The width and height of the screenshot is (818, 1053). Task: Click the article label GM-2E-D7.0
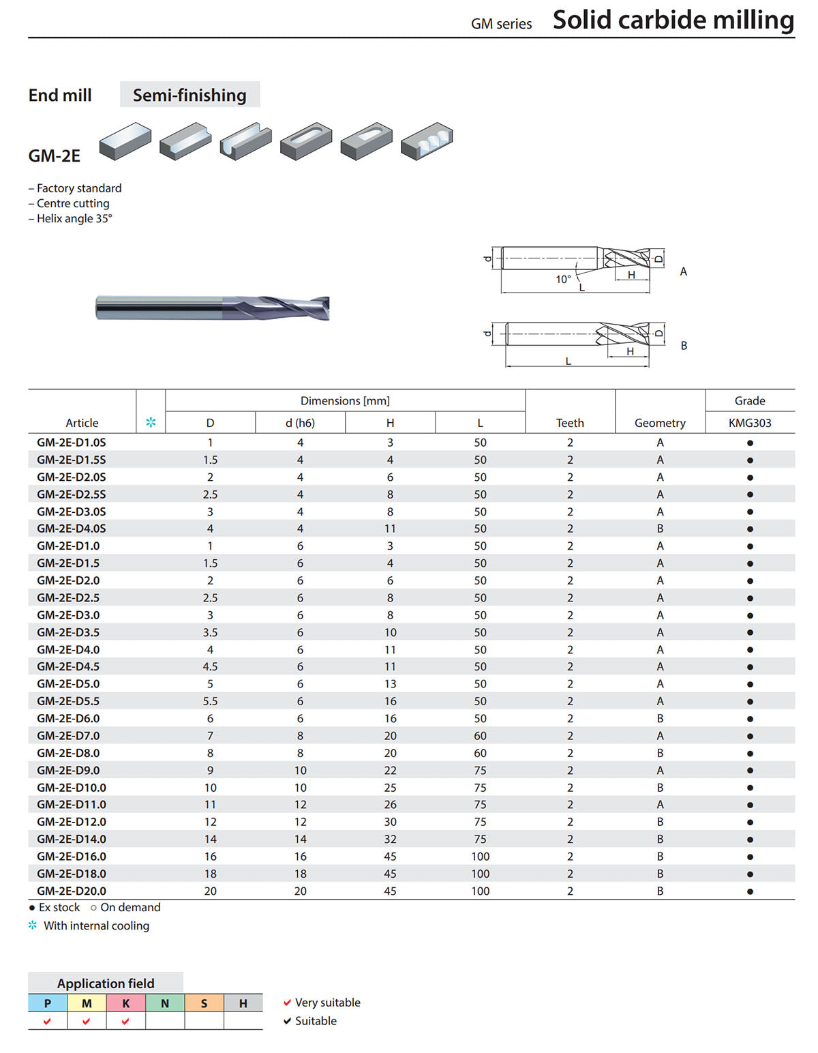68,735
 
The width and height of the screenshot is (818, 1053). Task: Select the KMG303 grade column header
749,423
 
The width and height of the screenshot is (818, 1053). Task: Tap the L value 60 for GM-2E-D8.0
479,752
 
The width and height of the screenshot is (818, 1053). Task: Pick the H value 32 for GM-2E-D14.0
390,839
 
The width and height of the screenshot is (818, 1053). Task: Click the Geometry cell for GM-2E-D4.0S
660,528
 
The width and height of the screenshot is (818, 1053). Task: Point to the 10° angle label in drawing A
563,279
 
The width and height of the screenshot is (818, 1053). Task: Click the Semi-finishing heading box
190,95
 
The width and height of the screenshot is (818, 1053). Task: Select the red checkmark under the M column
86,1021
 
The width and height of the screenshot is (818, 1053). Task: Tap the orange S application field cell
204,1003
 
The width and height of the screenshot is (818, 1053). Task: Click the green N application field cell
165,1003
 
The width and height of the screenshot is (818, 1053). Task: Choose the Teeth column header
570,423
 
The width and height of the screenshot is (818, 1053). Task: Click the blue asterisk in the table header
151,422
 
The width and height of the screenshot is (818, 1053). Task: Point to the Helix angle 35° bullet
70,218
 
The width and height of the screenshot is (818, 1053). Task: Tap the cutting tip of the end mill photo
329,308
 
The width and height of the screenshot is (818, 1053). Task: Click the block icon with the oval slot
306,141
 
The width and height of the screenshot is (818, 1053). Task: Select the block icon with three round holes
427,141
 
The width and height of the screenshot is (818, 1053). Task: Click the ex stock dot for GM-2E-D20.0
750,891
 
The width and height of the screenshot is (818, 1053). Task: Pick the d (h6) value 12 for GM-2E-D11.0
300,804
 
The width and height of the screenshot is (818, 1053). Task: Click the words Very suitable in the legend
327,1002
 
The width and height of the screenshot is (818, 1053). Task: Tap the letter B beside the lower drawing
683,346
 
